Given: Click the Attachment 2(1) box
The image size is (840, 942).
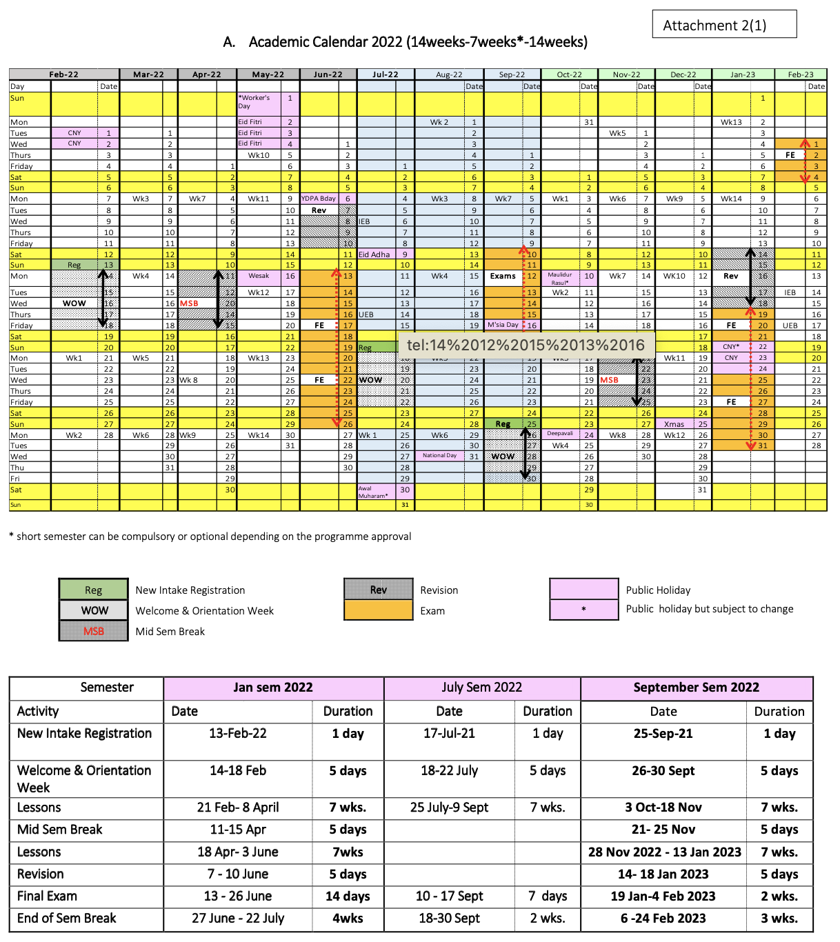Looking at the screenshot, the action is click(724, 25).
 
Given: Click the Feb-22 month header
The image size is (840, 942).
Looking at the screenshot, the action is click(63, 74).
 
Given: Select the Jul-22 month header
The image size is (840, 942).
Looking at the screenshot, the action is click(386, 74).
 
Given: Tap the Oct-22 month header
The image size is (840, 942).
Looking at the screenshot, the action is click(569, 74).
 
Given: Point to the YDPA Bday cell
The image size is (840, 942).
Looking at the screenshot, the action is click(319, 199).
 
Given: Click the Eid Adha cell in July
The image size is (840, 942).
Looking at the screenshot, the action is click(374, 254).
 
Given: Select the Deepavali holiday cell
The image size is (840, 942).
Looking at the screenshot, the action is click(560, 434).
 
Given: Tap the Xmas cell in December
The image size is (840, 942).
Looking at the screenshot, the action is click(674, 424).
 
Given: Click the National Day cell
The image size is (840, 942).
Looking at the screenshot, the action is click(439, 456).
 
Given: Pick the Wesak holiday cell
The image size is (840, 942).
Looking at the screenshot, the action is click(259, 276).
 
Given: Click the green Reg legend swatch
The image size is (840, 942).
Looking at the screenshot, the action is click(94, 590).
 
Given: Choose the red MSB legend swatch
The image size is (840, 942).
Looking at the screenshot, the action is click(94, 632).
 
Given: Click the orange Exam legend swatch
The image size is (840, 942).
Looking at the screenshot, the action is click(378, 611).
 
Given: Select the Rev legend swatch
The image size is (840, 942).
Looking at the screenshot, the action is click(378, 590).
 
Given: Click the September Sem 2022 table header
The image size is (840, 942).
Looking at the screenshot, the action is click(696, 688).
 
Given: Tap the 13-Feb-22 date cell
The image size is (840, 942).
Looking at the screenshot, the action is click(238, 734).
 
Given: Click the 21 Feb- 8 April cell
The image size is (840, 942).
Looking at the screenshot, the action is click(238, 808).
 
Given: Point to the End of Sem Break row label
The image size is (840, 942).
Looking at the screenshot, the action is click(67, 919).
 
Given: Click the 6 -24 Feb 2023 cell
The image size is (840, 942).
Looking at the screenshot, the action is click(663, 919).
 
